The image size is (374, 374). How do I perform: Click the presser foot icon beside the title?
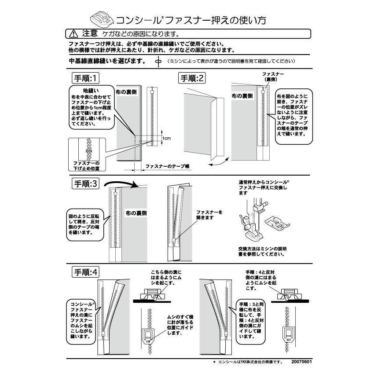click(102, 19)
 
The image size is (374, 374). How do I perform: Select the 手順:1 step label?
click(86, 78)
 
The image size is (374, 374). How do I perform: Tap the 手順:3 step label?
click(86, 184)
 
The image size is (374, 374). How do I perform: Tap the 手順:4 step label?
click(86, 272)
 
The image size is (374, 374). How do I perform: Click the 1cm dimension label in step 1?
click(166, 138)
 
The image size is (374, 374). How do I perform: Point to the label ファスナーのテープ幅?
click(167, 167)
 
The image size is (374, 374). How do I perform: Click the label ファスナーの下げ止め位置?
click(86, 165)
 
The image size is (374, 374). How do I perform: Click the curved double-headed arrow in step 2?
click(220, 163)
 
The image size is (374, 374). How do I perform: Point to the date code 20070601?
click(302, 362)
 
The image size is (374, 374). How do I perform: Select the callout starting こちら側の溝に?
click(165, 278)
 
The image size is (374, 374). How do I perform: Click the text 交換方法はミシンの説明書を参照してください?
click(262, 251)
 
